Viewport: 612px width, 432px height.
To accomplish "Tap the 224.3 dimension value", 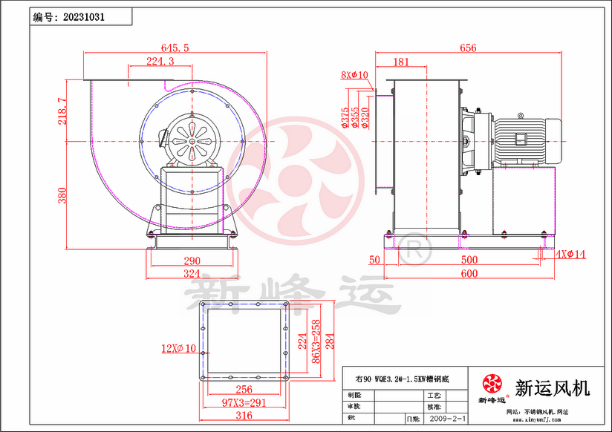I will [x=160, y=61].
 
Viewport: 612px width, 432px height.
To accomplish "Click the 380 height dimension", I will [x=63, y=194].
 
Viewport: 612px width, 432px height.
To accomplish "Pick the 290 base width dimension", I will [x=192, y=261].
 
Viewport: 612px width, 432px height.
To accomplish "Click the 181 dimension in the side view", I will [x=401, y=62].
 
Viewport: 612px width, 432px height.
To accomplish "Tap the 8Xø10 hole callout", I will [x=355, y=75].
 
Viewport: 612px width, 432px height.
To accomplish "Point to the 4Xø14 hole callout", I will [x=570, y=255].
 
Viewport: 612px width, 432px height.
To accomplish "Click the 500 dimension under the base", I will [x=469, y=260].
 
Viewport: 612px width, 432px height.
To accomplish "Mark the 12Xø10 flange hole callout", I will [x=179, y=347].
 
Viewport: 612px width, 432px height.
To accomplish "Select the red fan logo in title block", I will [x=492, y=384].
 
